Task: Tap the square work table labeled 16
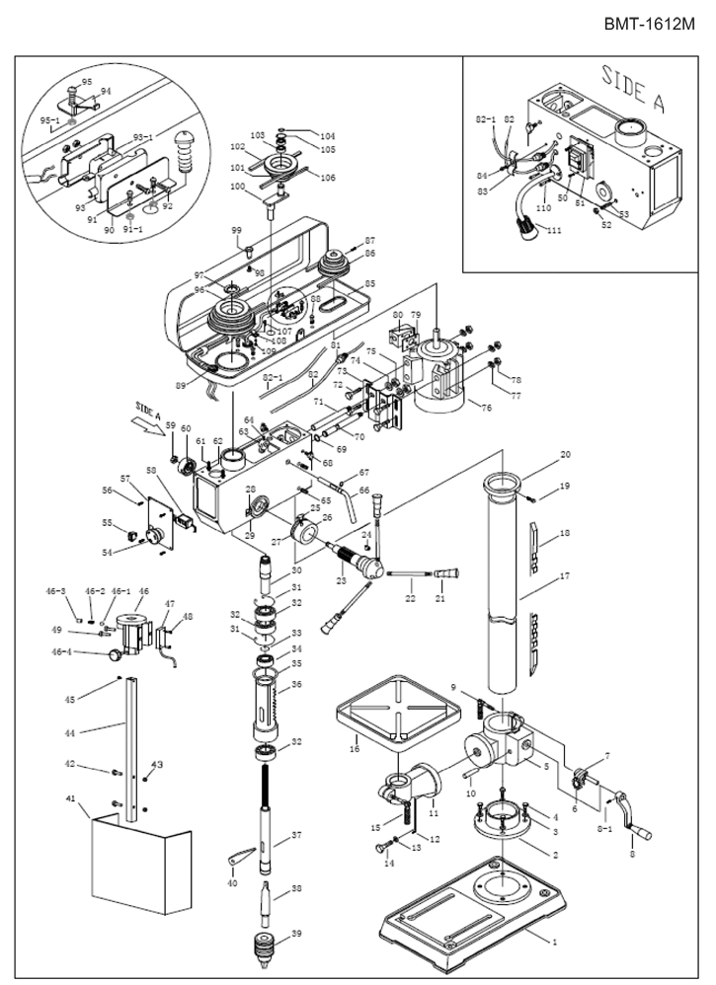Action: tap(395, 712)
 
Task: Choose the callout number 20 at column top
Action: tap(565, 456)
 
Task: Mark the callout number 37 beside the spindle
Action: tap(296, 836)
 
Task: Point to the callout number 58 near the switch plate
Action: tap(151, 470)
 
